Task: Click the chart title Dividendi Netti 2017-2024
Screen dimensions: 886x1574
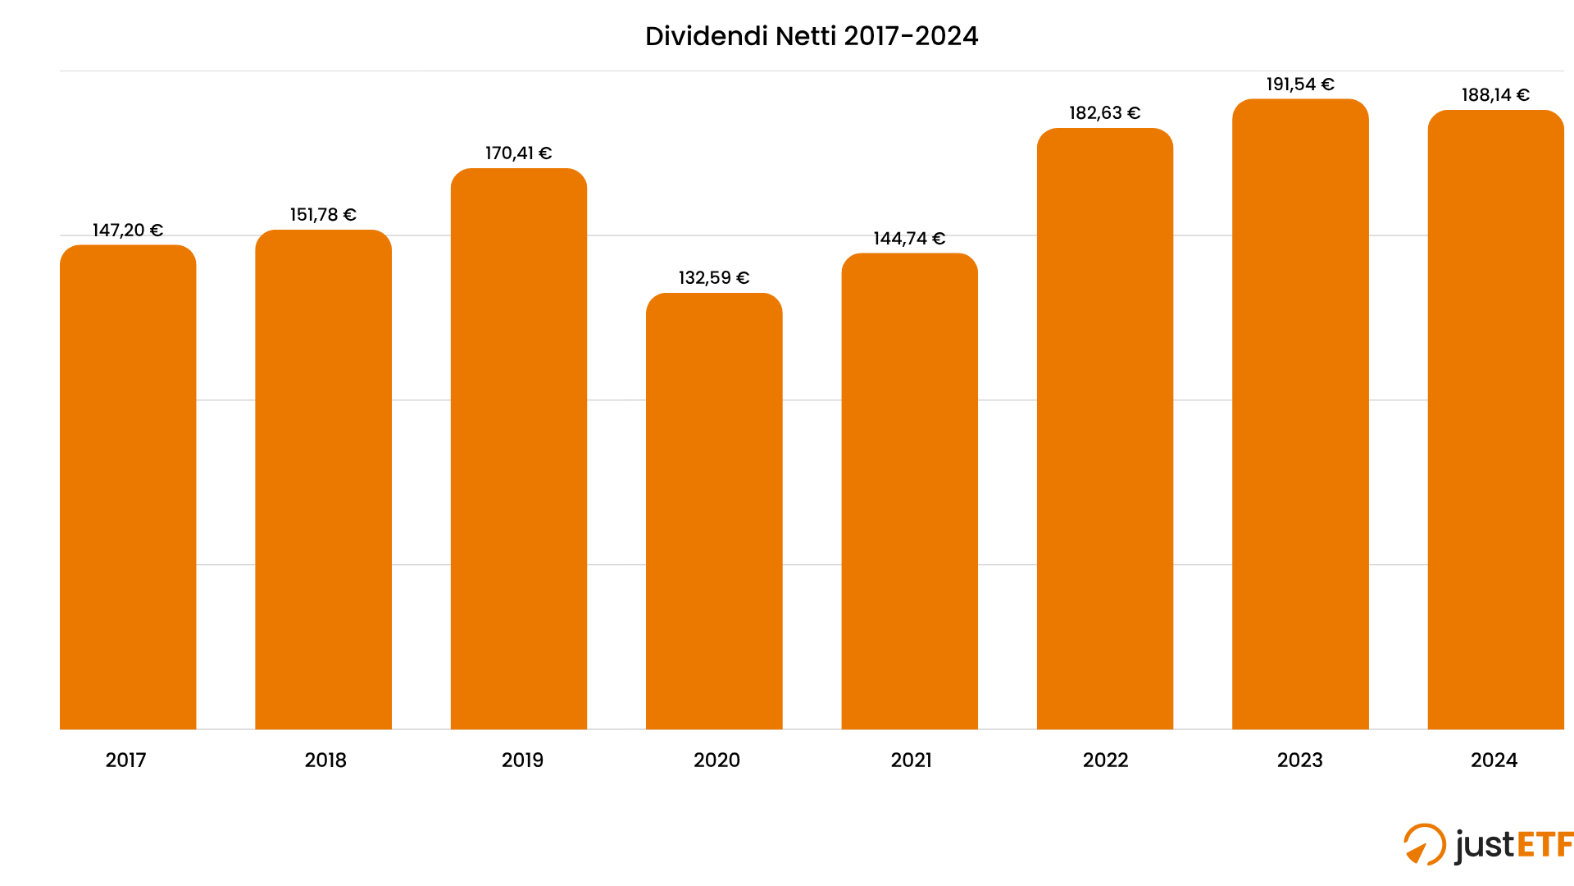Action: [812, 36]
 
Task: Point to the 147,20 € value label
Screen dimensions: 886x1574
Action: [128, 231]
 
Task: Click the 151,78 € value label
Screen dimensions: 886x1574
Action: [323, 215]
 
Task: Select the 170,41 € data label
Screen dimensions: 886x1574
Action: [519, 153]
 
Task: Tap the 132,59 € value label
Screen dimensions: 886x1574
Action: [714, 278]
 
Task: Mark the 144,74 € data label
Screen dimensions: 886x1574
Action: [909, 239]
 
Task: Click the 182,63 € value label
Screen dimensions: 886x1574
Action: [1105, 113]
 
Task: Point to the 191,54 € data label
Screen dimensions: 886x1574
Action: [1300, 84]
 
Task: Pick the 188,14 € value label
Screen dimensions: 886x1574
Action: [1495, 95]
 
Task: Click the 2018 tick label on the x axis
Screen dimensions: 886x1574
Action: [325, 760]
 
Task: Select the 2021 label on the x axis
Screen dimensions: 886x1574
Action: [912, 760]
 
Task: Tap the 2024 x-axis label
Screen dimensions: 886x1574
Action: [1494, 760]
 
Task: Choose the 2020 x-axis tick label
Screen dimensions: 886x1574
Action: [716, 760]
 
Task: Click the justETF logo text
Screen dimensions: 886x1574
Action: [1514, 845]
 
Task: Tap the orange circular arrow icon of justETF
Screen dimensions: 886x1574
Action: [1424, 844]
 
